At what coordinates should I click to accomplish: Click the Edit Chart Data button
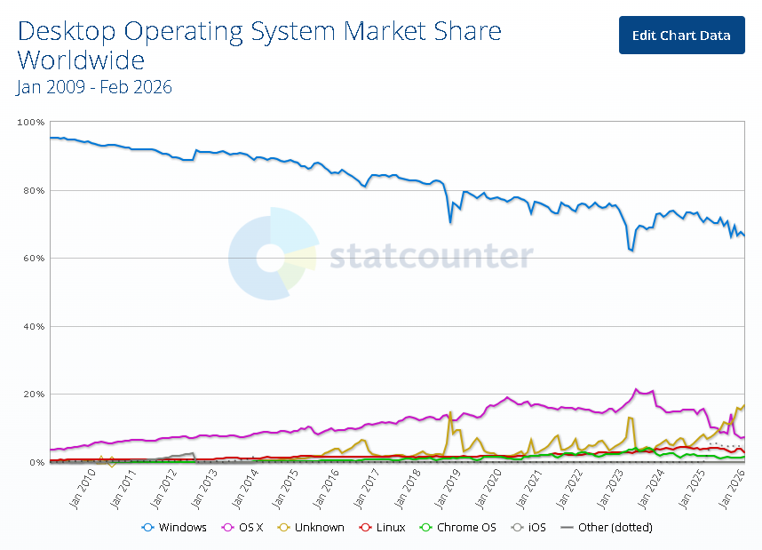pyautogui.click(x=681, y=35)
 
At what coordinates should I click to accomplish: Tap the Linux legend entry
pyautogui.click(x=383, y=527)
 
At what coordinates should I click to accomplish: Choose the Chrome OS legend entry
pyautogui.click(x=464, y=527)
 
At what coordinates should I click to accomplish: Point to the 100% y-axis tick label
pyautogui.click(x=30, y=122)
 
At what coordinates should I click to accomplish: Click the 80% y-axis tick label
pyautogui.click(x=32, y=190)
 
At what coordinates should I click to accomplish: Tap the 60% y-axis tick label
pyautogui.click(x=32, y=259)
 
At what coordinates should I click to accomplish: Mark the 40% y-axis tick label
pyautogui.click(x=32, y=326)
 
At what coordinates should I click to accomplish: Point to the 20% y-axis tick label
pyautogui.click(x=32, y=395)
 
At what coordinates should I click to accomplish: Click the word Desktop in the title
pyautogui.click(x=67, y=32)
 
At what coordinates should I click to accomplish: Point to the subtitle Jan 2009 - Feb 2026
pyautogui.click(x=94, y=87)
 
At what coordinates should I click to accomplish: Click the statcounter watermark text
pyautogui.click(x=432, y=257)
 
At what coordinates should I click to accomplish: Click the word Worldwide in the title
pyautogui.click(x=81, y=60)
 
